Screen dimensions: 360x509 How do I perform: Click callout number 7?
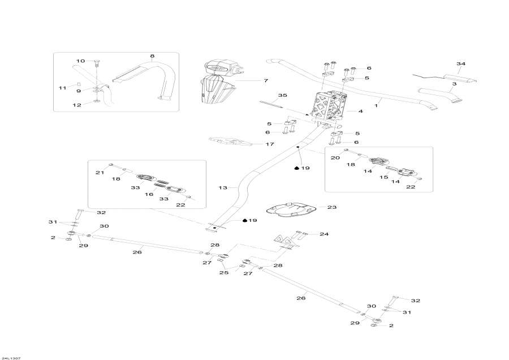[265, 81]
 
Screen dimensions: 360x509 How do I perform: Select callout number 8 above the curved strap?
[152, 56]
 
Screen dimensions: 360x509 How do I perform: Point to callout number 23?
[332, 208]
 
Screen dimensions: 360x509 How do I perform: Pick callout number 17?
[270, 144]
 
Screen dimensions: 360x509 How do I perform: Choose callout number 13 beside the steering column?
[222, 187]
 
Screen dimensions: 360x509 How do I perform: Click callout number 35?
[283, 95]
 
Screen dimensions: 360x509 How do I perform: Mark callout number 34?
[461, 64]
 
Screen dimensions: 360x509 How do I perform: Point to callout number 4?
[360, 112]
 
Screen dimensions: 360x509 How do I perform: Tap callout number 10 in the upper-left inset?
[80, 61]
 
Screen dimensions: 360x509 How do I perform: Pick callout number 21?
[98, 172]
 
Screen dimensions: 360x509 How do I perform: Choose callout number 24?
[324, 234]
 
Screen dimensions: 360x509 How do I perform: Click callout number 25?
[223, 272]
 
